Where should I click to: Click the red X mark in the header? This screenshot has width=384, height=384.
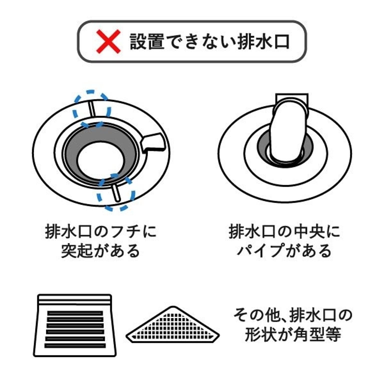coord(108,41)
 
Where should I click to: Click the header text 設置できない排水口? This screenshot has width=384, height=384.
coord(210,41)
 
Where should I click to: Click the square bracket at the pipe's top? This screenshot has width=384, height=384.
coord(292,96)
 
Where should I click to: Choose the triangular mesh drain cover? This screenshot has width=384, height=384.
coord(173,324)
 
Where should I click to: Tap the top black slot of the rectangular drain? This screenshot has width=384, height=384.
coord(75,313)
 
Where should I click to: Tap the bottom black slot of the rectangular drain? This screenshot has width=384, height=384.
coord(75,346)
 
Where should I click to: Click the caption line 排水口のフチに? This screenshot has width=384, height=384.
coord(100,231)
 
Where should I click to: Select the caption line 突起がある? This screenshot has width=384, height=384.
coord(100,250)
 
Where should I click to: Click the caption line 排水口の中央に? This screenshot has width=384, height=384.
coord(284,231)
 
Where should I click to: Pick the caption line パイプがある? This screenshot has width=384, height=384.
coord(284,250)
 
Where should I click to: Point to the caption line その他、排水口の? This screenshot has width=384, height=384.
coord(293,315)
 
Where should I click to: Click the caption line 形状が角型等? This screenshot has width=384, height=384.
coord(293,334)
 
